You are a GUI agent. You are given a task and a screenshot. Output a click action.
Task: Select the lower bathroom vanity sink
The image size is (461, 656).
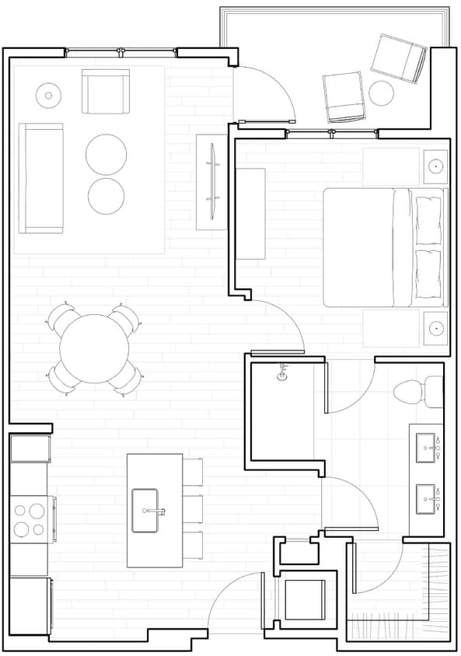point(425,498)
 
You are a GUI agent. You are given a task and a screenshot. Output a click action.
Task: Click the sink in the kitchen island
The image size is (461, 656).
point(145,511)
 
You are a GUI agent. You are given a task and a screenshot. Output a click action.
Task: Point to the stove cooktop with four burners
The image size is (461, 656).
point(29,520)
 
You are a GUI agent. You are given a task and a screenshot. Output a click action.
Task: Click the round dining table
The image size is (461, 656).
point(94,348)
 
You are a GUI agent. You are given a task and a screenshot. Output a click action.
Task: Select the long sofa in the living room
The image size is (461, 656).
point(40,178)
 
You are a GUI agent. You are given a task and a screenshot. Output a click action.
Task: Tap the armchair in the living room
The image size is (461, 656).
point(106,91)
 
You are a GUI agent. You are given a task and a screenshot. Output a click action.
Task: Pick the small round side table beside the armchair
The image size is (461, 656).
point(48,96)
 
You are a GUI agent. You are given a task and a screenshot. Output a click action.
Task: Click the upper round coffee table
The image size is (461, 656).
point(106,154)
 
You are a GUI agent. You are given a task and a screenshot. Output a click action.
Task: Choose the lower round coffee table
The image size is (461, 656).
point(106,196)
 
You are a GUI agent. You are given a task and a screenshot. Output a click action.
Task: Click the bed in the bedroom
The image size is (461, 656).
point(381,247)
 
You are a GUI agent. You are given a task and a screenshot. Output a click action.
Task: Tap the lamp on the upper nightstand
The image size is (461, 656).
point(435,166)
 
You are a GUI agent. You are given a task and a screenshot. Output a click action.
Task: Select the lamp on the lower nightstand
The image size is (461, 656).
point(435,328)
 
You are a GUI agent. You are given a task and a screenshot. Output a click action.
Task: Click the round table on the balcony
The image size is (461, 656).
point(381,93)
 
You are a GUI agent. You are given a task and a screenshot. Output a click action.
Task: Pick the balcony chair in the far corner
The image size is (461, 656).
point(398,58)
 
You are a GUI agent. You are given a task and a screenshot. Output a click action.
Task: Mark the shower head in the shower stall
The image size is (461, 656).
point(283,375)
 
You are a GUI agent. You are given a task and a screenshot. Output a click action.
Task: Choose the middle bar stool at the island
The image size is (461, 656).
point(192,508)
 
